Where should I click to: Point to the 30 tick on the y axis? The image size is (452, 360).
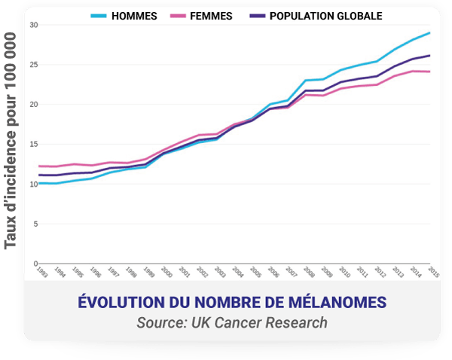point(34,25)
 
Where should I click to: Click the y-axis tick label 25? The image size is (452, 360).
point(34,65)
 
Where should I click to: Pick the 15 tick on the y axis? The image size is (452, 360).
point(34,144)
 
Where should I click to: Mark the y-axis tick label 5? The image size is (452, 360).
point(35,224)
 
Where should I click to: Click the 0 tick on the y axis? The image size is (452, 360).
point(35,263)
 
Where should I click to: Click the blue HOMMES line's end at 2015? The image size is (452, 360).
point(430,33)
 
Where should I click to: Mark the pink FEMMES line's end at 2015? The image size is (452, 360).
point(430,72)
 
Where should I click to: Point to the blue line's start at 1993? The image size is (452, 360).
point(38,183)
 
